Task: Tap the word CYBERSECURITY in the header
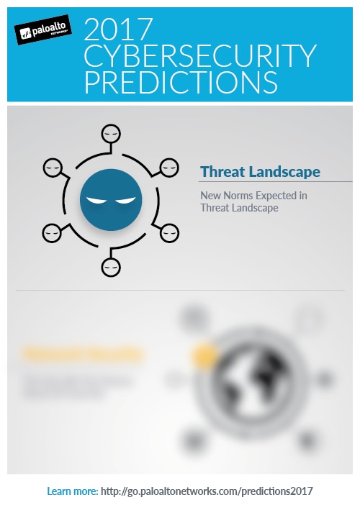(200, 56)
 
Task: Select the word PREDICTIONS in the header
(181, 81)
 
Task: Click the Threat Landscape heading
(260, 172)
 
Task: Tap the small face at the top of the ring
(109, 133)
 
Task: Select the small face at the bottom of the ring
(109, 267)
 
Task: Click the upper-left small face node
(51, 168)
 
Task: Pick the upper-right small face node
(168, 168)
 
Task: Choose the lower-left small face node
(51, 232)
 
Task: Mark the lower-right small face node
(168, 232)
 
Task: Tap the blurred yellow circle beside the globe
(206, 354)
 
